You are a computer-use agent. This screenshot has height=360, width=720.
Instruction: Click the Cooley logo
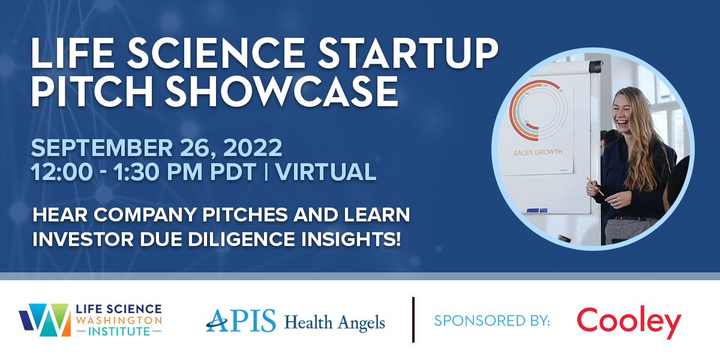[x=629, y=322]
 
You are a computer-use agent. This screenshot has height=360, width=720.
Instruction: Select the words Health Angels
[x=334, y=323]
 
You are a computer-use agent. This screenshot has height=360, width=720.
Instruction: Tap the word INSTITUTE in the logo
[x=118, y=331]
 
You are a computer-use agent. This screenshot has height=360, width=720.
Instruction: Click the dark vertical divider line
[x=413, y=320]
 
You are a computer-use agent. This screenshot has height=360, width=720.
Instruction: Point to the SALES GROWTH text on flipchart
[x=538, y=152]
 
